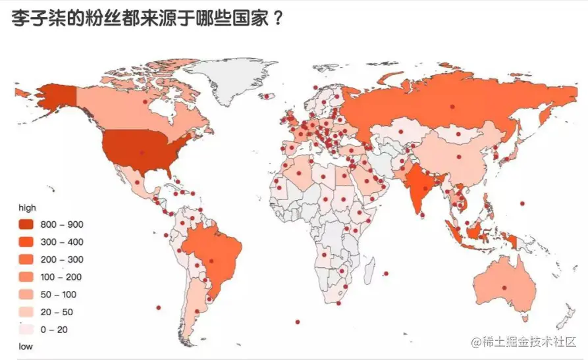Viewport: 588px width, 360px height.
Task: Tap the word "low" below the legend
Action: [x=25, y=346]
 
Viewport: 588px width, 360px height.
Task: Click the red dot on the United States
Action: [x=142, y=153]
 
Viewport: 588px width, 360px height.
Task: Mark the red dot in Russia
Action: [x=452, y=106]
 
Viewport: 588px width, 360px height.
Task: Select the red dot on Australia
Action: [x=505, y=287]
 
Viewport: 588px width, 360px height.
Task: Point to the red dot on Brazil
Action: [x=212, y=261]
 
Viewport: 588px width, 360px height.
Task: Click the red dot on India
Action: [x=425, y=188]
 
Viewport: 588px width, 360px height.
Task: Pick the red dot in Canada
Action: [x=146, y=101]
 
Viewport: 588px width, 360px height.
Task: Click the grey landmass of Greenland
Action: [x=237, y=79]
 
